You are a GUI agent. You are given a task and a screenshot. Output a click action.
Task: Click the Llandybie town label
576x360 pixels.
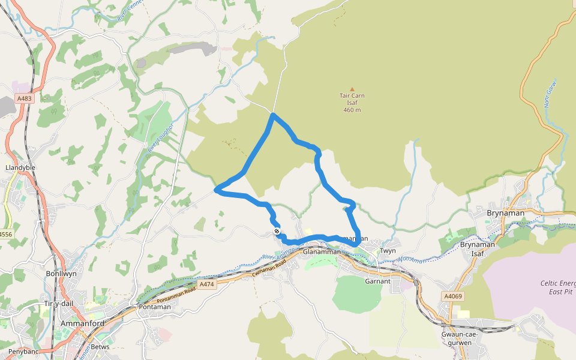click(x=18, y=167)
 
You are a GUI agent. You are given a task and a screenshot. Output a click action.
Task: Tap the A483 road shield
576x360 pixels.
click(x=24, y=98)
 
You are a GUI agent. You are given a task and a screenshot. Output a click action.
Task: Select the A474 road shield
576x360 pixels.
click(x=206, y=284)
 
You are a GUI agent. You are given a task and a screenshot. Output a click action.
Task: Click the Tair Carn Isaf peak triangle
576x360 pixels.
click(x=352, y=89)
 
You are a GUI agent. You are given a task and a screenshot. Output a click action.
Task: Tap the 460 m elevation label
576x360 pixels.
click(x=352, y=110)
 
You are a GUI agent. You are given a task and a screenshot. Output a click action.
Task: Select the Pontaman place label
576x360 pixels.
click(x=155, y=307)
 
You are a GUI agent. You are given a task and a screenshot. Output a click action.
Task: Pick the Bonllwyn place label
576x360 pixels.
click(x=61, y=274)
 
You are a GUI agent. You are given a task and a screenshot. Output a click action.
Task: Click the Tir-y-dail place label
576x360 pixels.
click(x=58, y=304)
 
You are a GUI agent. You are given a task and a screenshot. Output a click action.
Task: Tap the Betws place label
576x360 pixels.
click(x=101, y=347)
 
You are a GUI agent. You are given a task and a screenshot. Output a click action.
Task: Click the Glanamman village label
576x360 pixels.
click(x=322, y=251)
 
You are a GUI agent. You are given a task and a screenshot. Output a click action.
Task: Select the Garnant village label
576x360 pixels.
click(x=377, y=281)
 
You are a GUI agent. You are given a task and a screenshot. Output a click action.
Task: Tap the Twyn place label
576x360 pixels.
click(x=388, y=250)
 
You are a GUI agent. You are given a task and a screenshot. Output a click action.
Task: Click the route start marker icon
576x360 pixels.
click(x=277, y=231)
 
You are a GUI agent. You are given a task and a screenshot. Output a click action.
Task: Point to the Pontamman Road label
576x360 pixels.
click(x=173, y=299)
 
